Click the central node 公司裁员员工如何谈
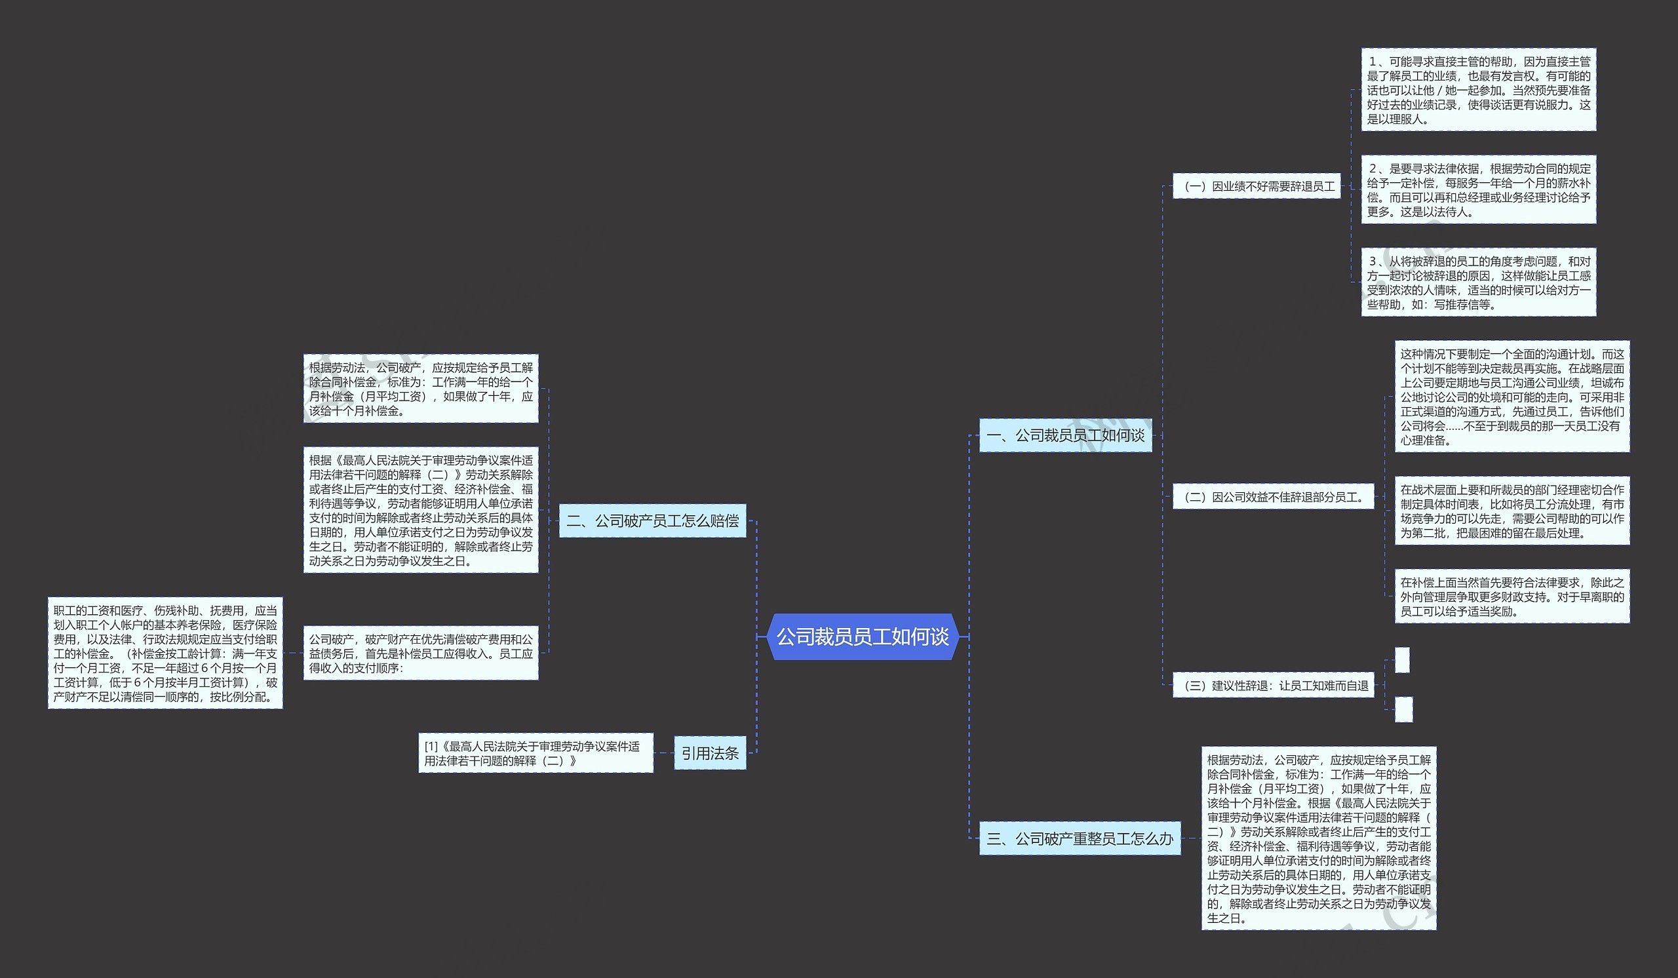[863, 637]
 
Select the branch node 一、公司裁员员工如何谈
[1064, 435]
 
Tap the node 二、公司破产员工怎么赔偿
[652, 520]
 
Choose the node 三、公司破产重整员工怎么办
[1080, 838]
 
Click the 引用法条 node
[710, 753]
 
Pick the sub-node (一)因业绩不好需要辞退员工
[1256, 186]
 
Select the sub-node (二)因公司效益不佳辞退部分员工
[1272, 497]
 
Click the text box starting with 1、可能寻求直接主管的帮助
[1478, 90]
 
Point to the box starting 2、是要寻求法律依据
[1478, 189]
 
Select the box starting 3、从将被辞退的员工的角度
[1478, 283]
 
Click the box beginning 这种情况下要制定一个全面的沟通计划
[1512, 397]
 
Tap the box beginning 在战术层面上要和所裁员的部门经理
[1512, 511]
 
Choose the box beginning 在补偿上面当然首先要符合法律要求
[1512, 597]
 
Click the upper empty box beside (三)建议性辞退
[1402, 660]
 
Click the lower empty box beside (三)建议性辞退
[1403, 709]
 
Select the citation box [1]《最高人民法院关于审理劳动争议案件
[536, 753]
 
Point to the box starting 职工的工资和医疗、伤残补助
[165, 653]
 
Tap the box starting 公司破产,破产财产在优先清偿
[420, 653]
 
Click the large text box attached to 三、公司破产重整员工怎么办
[1318, 838]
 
